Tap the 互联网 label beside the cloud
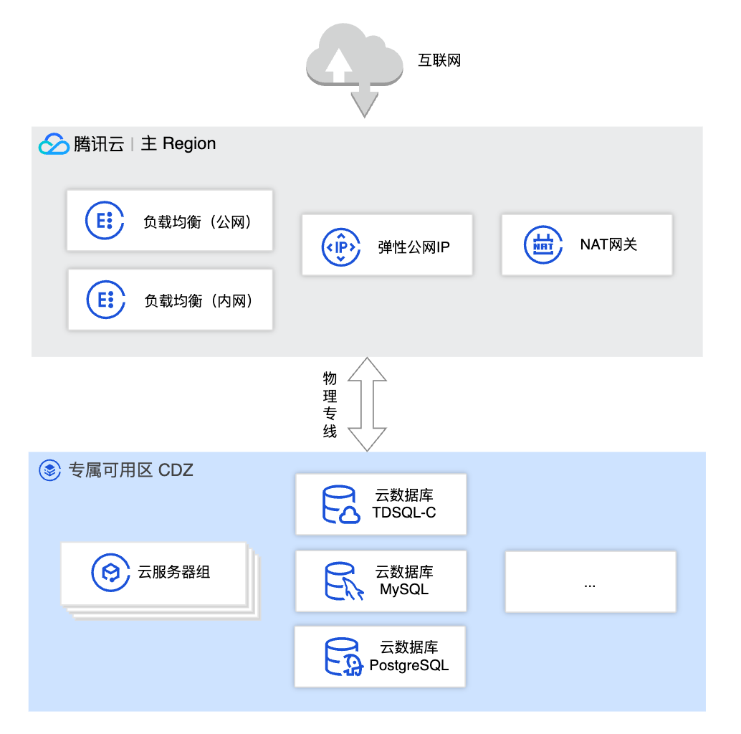439,60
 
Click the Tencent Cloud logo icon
54,144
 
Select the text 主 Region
178,143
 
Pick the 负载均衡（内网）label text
199,301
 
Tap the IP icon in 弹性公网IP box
341,247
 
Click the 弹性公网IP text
413,248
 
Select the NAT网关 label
608,245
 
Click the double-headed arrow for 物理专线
367,404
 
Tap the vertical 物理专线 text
330,405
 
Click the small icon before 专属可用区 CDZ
49,471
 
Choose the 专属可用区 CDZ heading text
130,471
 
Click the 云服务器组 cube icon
110,572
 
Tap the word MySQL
404,590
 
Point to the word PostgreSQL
408,665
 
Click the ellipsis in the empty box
590,584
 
